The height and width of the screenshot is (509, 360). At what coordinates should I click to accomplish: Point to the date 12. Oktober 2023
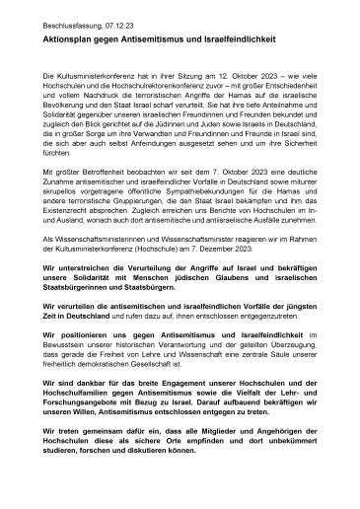(215, 75)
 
